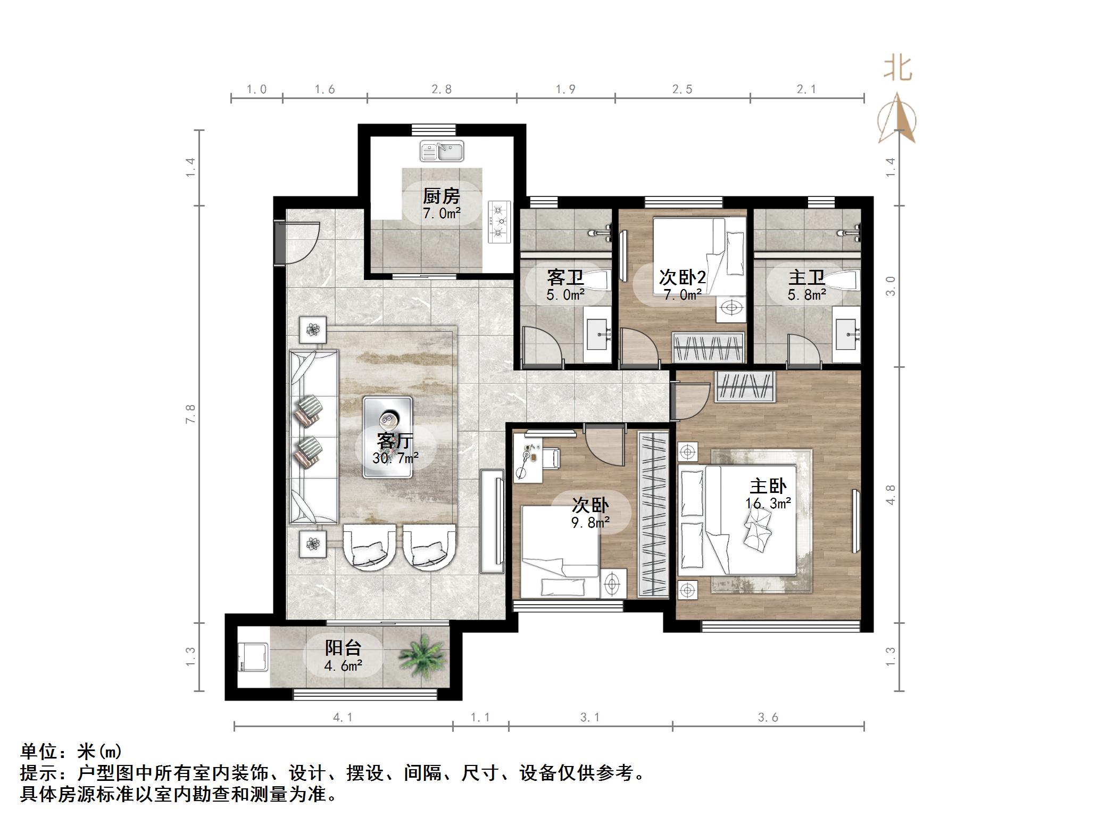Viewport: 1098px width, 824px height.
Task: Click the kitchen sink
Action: pyautogui.click(x=442, y=151)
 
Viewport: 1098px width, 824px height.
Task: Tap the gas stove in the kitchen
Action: pyautogui.click(x=499, y=221)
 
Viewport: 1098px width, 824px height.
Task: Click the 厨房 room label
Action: pyautogui.click(x=441, y=196)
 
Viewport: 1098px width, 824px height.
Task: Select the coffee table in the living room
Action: pyautogui.click(x=387, y=436)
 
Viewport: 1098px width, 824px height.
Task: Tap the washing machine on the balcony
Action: pyautogui.click(x=253, y=658)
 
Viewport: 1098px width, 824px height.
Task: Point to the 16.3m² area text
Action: pyautogui.click(x=768, y=503)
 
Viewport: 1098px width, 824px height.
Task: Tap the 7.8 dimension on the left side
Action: pyautogui.click(x=190, y=414)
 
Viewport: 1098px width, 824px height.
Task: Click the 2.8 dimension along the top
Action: pyautogui.click(x=442, y=89)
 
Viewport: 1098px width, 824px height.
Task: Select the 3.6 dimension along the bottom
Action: pyautogui.click(x=768, y=718)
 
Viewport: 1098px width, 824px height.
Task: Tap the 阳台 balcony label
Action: pyautogui.click(x=343, y=648)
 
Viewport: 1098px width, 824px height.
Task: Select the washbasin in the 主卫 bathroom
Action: pyautogui.click(x=846, y=334)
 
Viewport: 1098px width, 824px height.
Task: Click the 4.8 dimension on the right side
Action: pyautogui.click(x=891, y=495)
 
